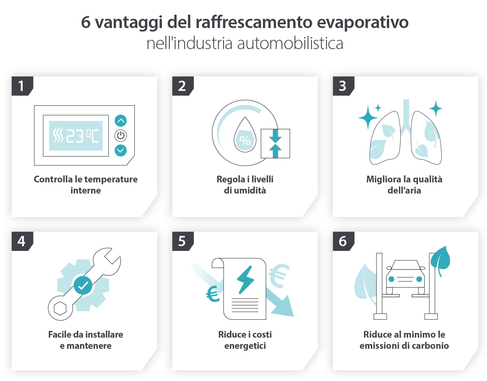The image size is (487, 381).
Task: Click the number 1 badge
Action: [21, 86]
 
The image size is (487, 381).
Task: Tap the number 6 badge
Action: [342, 241]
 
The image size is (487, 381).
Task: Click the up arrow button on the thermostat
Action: [120, 121]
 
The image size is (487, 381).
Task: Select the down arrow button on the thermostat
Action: [120, 150]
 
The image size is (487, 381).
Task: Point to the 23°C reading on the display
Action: [83, 136]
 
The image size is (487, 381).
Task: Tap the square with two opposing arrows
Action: [275, 143]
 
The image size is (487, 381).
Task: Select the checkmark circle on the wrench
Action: [83, 285]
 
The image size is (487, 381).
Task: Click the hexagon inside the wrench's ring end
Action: [60, 308]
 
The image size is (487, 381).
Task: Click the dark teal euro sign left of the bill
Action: [213, 294]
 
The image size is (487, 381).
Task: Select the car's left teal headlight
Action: [391, 279]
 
